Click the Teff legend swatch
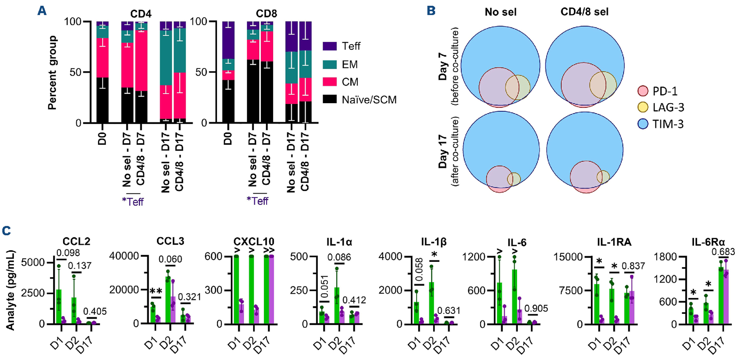[329, 46]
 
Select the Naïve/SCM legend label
[369, 100]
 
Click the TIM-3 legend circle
[643, 124]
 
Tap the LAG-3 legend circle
[643, 107]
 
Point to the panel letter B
[431, 11]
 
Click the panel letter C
[6, 231]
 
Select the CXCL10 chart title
[254, 242]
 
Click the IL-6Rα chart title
[708, 242]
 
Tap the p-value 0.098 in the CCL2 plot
[68, 253]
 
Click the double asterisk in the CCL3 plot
[156, 291]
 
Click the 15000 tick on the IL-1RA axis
[568, 257]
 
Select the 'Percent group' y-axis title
[52, 73]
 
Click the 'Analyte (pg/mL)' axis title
[10, 290]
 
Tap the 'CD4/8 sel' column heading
[584, 12]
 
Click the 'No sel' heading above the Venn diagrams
[500, 12]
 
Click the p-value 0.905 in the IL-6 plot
[536, 308]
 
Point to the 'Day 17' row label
[443, 151]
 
